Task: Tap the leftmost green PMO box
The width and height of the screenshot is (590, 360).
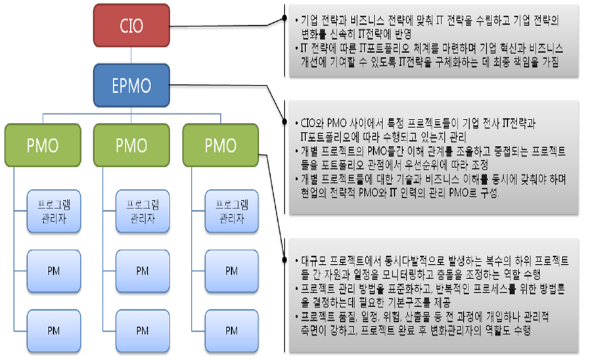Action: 43,145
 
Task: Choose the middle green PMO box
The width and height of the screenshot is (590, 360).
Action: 131,145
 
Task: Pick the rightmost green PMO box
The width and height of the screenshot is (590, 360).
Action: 220,145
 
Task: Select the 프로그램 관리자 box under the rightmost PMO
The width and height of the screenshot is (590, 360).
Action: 231,211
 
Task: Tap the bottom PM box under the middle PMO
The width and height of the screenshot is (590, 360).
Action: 143,329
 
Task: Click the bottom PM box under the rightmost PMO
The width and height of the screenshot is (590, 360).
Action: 231,329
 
